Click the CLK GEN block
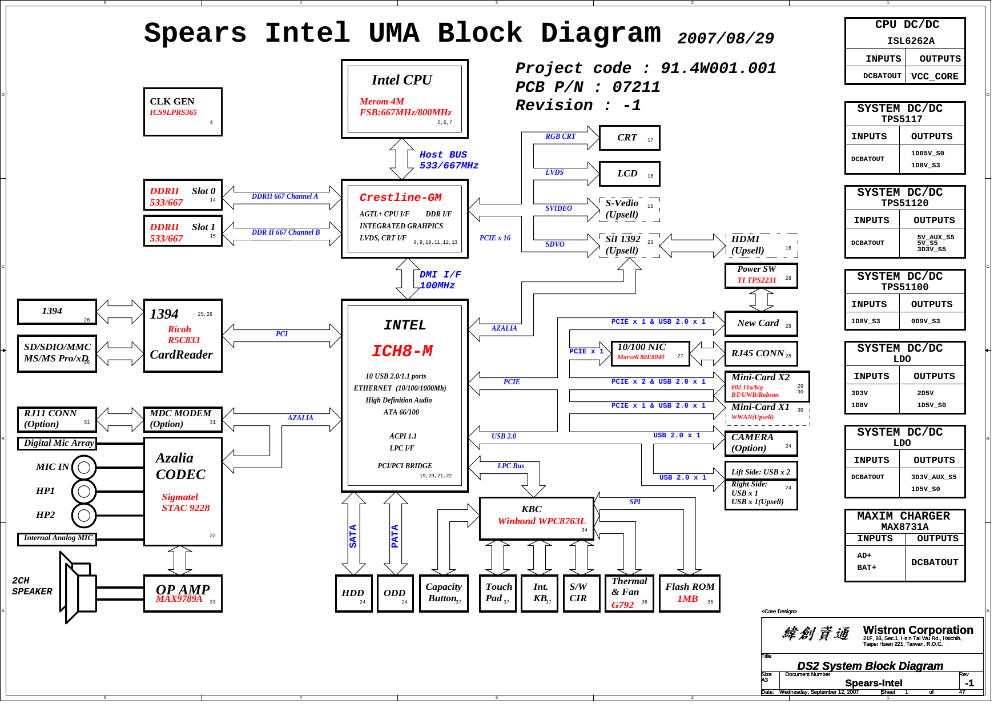182,111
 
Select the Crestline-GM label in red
400,198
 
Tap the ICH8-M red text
402,351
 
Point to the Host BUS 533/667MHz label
448,160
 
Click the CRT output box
629,138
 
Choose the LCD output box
629,174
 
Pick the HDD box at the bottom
353,593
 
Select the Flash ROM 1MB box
689,593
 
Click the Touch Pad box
498,593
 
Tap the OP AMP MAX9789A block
182,593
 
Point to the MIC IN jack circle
84,468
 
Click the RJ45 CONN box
760,353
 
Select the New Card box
760,323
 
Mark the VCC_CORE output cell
935,77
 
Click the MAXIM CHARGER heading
904,516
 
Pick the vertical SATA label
353,536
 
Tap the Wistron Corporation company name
918,630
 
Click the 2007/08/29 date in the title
725,39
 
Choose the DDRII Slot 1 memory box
182,231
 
